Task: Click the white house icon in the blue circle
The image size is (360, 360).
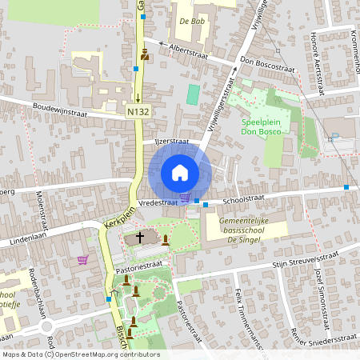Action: point(180,173)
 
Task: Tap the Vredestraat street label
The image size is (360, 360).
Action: point(158,204)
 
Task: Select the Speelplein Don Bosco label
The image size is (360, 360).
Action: point(263,127)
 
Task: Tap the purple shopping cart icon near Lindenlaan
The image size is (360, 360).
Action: point(83,259)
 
